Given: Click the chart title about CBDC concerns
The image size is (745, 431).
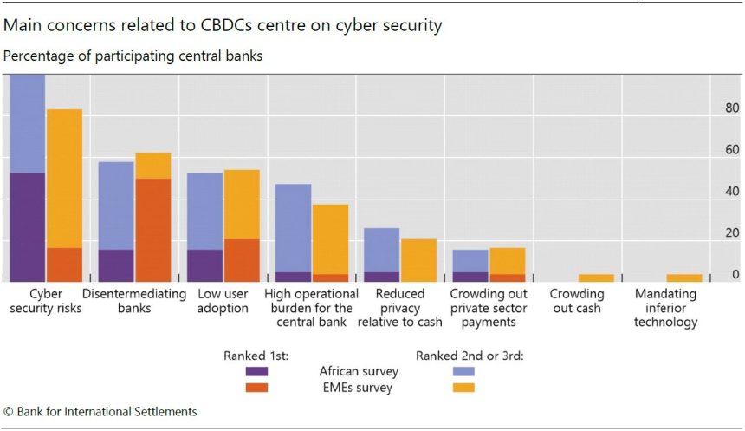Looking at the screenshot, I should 223,25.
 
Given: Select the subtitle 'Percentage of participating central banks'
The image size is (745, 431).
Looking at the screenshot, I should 133,56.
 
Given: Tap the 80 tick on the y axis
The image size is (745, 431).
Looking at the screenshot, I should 732,109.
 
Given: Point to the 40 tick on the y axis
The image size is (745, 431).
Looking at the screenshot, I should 732,192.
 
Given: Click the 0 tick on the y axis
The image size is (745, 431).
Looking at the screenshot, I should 735,275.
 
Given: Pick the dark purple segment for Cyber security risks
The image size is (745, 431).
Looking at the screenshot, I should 27,227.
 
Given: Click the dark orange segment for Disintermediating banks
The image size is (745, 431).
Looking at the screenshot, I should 152,230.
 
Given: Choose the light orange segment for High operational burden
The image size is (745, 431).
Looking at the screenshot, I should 330,238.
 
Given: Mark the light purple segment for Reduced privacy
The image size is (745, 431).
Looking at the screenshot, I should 381,250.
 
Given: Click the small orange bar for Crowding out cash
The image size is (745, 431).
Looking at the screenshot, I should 596,278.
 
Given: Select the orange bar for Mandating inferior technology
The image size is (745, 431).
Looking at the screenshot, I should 684,278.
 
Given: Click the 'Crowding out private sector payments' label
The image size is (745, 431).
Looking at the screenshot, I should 489,308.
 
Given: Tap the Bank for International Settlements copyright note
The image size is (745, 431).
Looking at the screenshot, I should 100,412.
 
